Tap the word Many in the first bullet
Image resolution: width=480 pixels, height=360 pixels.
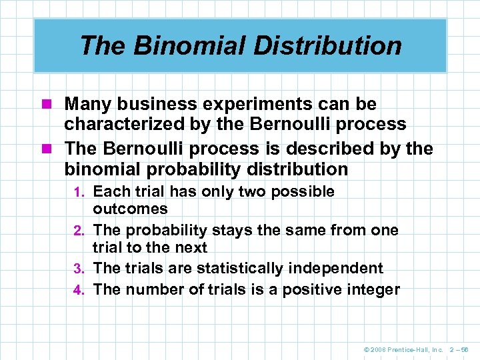pos(87,105)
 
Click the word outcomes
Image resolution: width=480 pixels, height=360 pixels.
pos(131,209)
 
